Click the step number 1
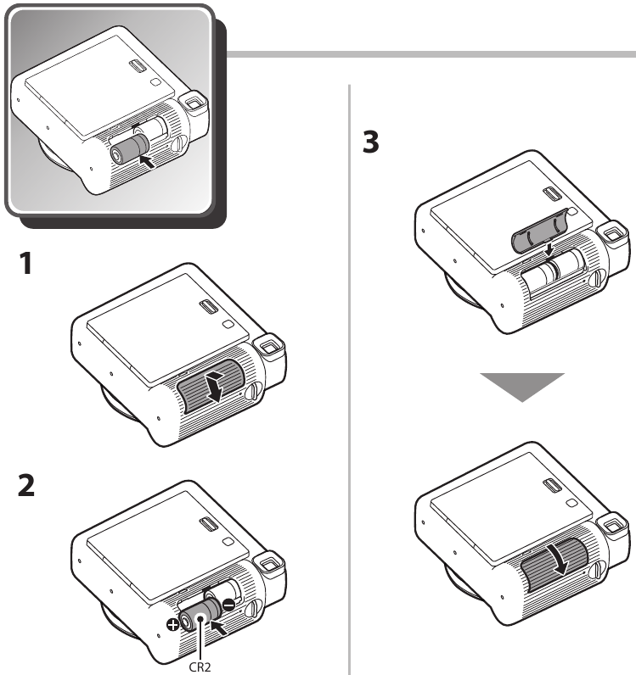(x=25, y=264)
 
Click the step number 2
(x=26, y=485)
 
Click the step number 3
(x=371, y=142)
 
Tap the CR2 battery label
(x=200, y=667)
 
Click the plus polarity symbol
(x=173, y=624)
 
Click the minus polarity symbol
(x=228, y=605)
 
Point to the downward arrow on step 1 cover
(x=215, y=387)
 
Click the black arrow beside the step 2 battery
(x=220, y=628)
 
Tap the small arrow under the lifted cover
(x=549, y=249)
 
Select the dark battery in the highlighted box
(x=129, y=149)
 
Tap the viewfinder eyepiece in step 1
(x=268, y=346)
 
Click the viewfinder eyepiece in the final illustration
(x=612, y=526)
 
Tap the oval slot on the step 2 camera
(x=208, y=525)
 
